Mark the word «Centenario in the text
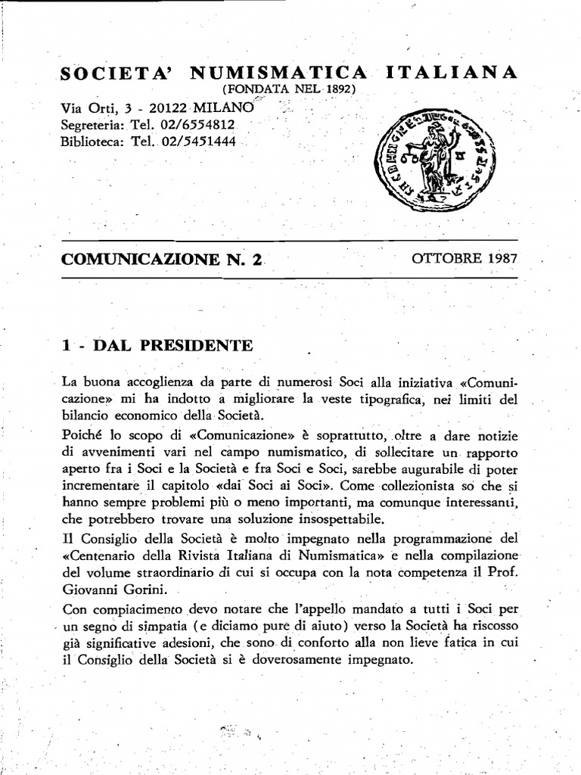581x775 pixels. (100, 554)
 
